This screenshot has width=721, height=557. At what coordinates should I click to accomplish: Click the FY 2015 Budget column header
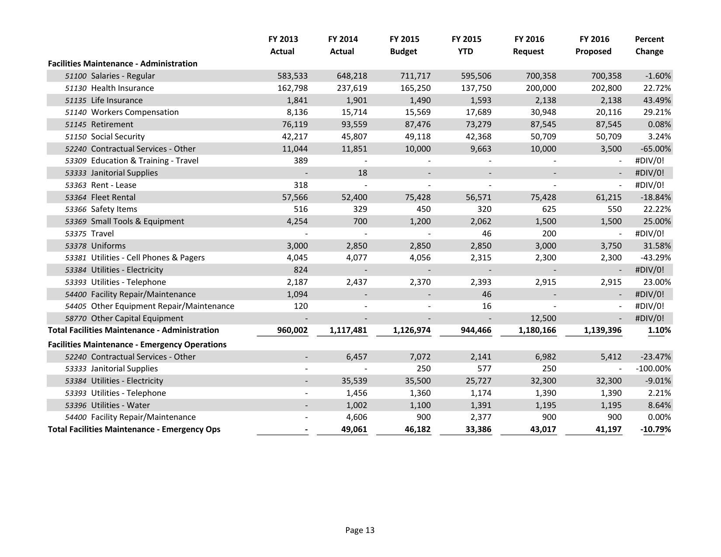[404, 45]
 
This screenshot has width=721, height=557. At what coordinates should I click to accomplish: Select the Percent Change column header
[649, 45]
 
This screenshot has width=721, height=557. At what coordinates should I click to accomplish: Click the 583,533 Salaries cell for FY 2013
[292, 76]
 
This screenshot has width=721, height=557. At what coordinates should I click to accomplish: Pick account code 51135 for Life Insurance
[76, 100]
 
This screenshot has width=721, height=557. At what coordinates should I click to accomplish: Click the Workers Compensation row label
[135, 112]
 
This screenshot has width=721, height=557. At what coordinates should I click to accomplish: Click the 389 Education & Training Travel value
[301, 161]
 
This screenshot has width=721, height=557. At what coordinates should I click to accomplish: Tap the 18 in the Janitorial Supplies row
[362, 173]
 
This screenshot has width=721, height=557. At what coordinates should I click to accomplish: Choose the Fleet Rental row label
[113, 197]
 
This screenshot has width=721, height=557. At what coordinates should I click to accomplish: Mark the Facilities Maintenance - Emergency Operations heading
[137, 345]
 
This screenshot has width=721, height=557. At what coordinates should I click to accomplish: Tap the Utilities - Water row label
[120, 405]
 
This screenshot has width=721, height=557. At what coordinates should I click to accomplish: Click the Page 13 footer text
[360, 530]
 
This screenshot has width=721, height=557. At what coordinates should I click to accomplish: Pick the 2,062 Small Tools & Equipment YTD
[481, 221]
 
